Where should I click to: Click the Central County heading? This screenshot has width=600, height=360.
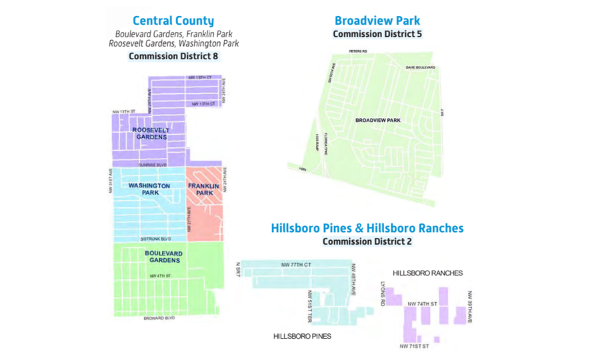[173, 21]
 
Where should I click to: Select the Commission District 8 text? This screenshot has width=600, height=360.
[173, 56]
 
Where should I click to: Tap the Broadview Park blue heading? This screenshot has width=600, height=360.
[377, 21]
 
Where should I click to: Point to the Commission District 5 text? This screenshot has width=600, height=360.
[377, 34]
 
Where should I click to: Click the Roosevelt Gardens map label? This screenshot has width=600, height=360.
[151, 133]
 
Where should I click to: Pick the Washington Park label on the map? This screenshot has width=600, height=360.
[149, 189]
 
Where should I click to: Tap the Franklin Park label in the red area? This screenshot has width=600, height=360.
[201, 189]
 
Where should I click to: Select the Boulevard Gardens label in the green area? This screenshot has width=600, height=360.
[163, 257]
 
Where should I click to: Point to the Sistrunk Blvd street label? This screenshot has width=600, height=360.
[155, 239]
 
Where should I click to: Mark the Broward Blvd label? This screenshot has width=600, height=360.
[159, 318]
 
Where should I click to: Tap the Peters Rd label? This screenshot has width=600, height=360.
[358, 51]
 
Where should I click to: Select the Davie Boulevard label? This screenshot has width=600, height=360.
[420, 67]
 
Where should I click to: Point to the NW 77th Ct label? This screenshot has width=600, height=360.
[296, 265]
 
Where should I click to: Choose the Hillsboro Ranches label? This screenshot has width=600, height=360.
[427, 273]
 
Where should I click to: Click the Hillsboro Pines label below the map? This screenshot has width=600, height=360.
[302, 336]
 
